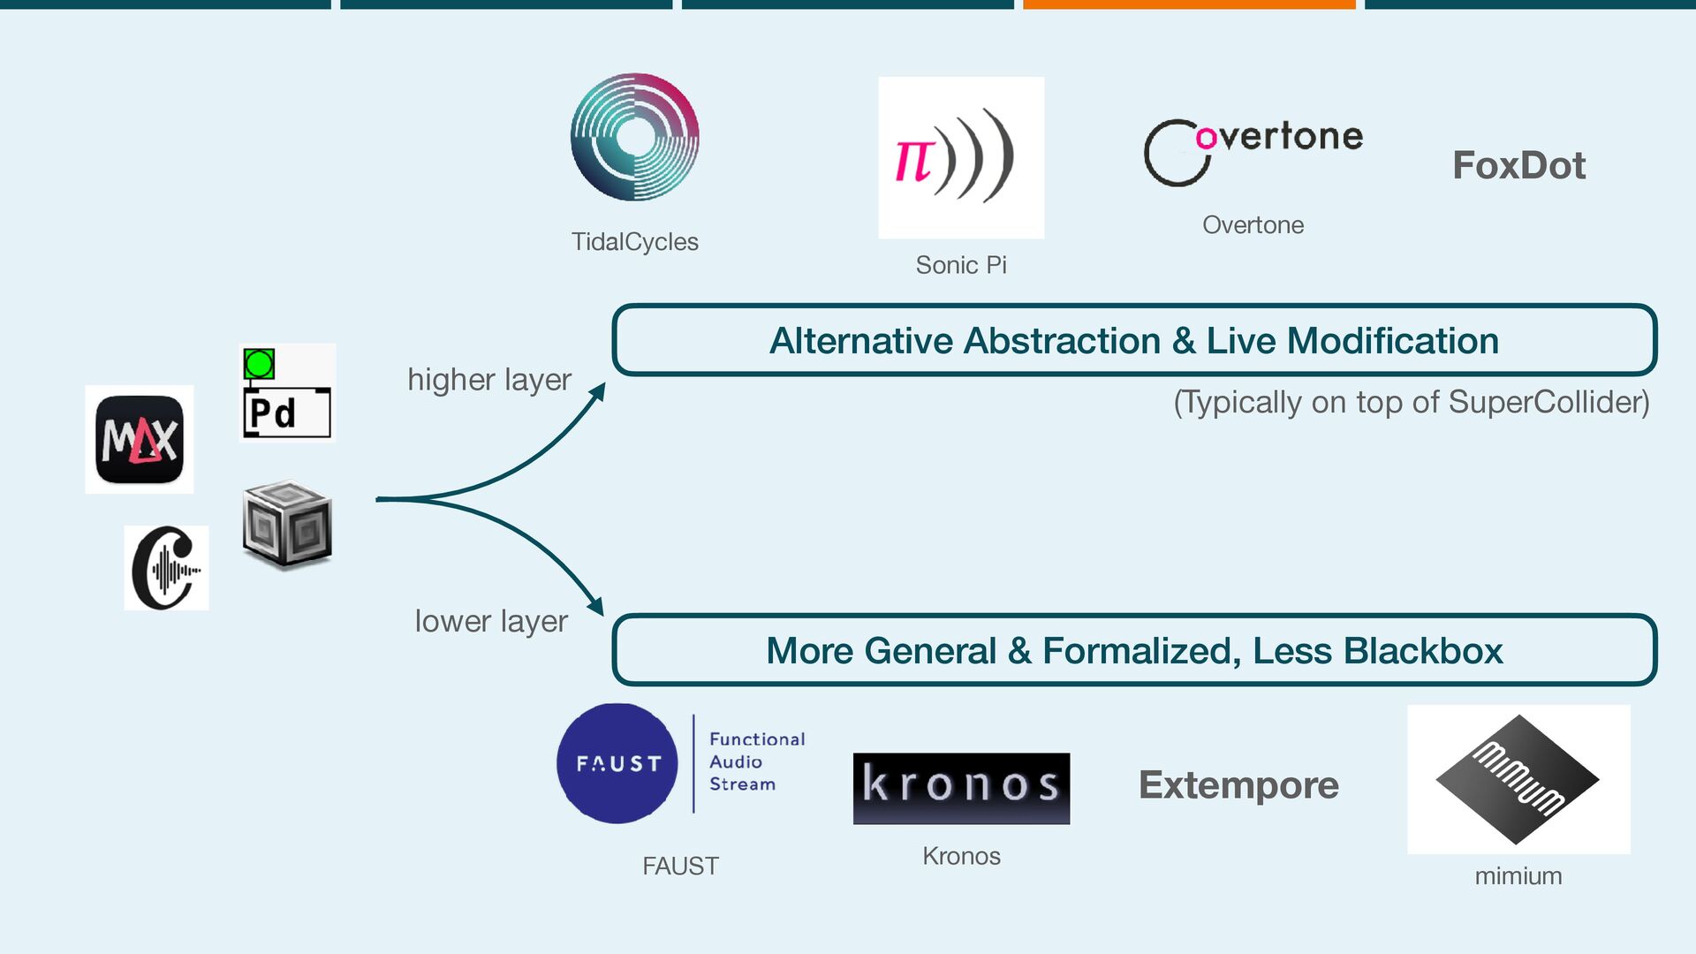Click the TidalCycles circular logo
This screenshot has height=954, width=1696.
(634, 137)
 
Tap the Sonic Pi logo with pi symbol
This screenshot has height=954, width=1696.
(960, 157)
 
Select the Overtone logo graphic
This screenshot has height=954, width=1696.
(1253, 150)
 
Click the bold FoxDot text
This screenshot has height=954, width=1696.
(1518, 165)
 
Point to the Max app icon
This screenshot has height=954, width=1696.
(140, 439)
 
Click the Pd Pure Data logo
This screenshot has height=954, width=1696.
(286, 393)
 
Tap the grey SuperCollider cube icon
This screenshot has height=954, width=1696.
(287, 523)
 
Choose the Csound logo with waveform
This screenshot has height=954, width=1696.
(166, 568)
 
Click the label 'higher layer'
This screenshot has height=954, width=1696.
(489, 380)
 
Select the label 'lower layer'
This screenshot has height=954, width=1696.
(491, 621)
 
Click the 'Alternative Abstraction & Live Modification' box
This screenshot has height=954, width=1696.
(1134, 341)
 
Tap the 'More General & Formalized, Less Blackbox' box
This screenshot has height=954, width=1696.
(1134, 651)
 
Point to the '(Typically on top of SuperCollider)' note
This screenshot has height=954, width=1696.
(1411, 403)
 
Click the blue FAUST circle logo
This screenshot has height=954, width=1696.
(617, 763)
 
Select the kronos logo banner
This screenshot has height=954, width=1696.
(961, 788)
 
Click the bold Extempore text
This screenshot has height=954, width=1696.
(1238, 785)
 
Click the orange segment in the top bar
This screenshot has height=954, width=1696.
(1189, 4)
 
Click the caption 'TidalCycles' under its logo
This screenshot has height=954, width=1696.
(634, 242)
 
